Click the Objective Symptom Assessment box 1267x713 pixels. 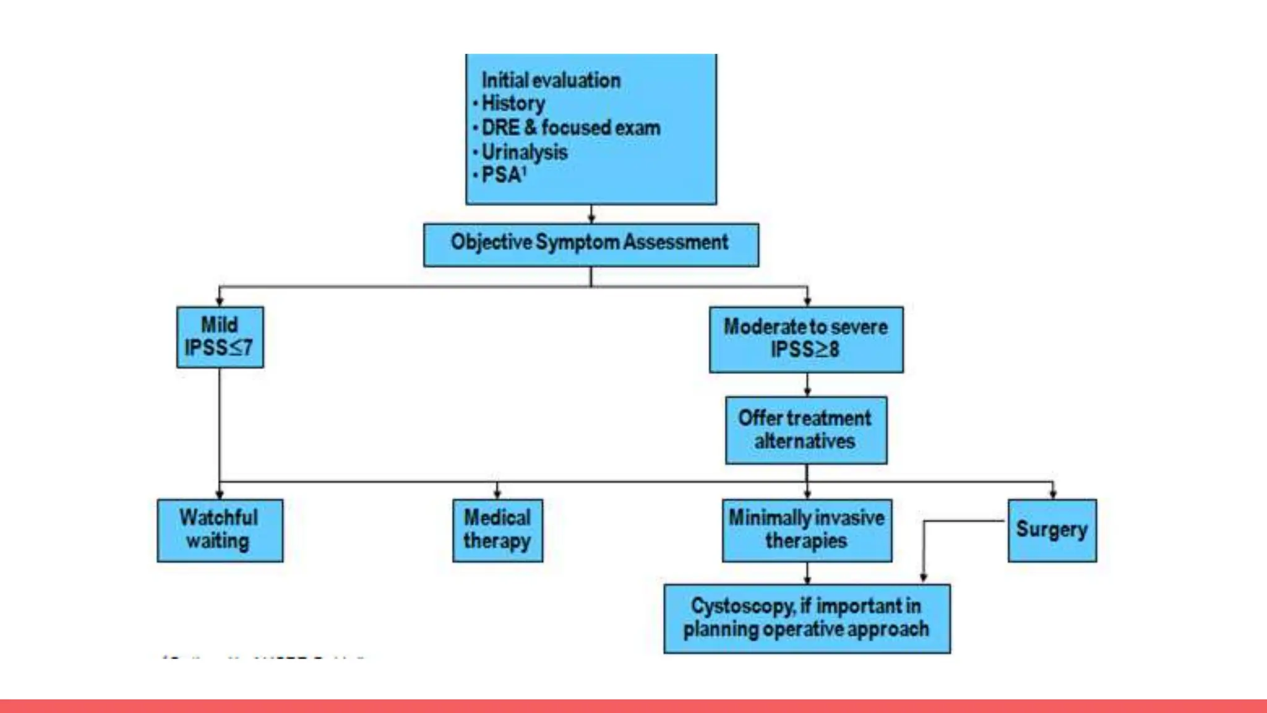pyautogui.click(x=591, y=244)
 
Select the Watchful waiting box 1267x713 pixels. pyautogui.click(x=220, y=530)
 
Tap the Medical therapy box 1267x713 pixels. pyautogui.click(x=497, y=530)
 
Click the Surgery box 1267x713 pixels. pyautogui.click(x=1052, y=530)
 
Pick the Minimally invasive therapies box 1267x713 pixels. pyautogui.click(x=807, y=530)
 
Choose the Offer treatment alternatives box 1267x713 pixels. pyautogui.click(x=805, y=430)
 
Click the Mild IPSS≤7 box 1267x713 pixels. pyautogui.click(x=220, y=337)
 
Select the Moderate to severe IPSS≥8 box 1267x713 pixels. pyautogui.click(x=805, y=339)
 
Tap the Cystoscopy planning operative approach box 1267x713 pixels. pyautogui.click(x=807, y=618)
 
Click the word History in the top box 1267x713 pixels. pyautogui.click(x=513, y=103)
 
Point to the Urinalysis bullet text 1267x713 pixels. pyautogui.click(x=524, y=152)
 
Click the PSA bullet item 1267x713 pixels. pyautogui.click(x=502, y=176)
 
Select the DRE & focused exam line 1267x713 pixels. pyautogui.click(x=570, y=128)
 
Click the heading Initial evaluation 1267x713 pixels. pyautogui.click(x=551, y=80)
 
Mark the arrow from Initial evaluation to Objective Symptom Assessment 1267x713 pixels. pyautogui.click(x=591, y=215)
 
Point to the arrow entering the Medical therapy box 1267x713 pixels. pyautogui.click(x=497, y=491)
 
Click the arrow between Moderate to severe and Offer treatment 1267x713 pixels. pyautogui.click(x=807, y=385)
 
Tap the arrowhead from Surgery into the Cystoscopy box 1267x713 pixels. pyautogui.click(x=923, y=576)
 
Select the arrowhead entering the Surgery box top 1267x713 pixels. pyautogui.click(x=1053, y=493)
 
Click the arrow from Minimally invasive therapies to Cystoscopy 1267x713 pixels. pyautogui.click(x=807, y=574)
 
